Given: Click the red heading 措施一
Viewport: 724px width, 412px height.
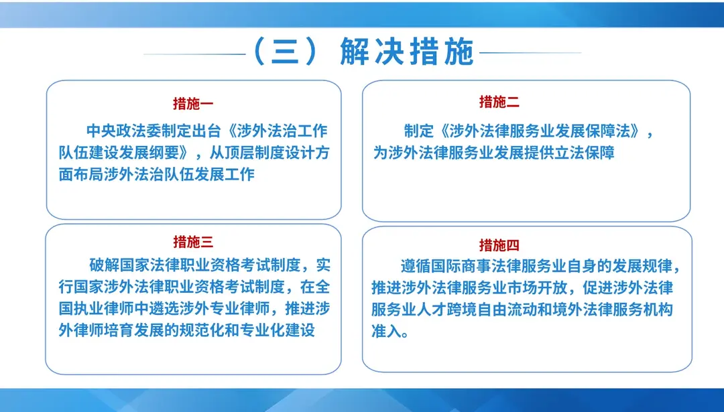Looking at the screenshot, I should coord(193,104).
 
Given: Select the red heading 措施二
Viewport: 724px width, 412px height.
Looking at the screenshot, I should coord(499,102).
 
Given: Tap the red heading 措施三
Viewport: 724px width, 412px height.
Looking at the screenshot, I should coord(193,242).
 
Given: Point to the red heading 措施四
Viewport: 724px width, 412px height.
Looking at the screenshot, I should coord(499,245).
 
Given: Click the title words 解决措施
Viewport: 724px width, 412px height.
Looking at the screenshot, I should coord(407,53).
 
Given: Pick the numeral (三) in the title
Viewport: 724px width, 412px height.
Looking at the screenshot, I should coord(284,53).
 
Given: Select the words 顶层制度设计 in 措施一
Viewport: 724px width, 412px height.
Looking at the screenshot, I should coord(261,152).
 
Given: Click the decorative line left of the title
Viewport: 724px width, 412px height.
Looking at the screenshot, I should coord(194,54).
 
